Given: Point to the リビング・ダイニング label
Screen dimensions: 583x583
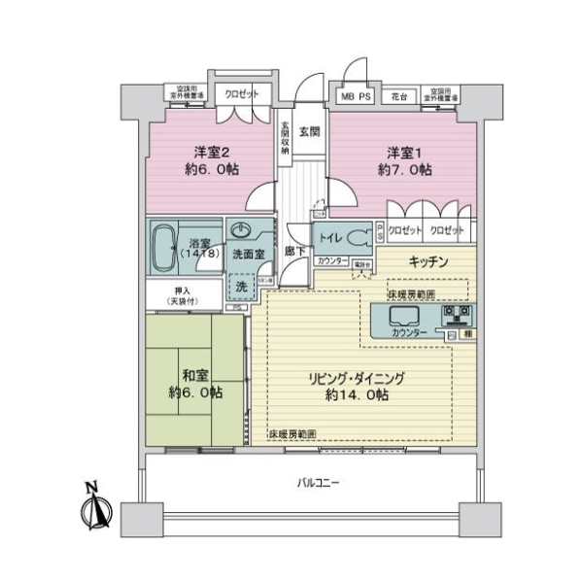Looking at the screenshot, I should [357, 378].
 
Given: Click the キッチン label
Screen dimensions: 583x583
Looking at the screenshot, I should [428, 260].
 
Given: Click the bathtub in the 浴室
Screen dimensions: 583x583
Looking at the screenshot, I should [166, 249].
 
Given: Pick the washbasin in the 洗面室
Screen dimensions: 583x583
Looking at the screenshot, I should [241, 232].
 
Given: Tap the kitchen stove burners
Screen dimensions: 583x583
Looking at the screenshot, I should [458, 315].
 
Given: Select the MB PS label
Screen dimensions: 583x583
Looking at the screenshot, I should [355, 98].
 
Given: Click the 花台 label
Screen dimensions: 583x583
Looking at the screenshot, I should [398, 98].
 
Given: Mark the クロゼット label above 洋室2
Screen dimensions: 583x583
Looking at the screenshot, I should [240, 94].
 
